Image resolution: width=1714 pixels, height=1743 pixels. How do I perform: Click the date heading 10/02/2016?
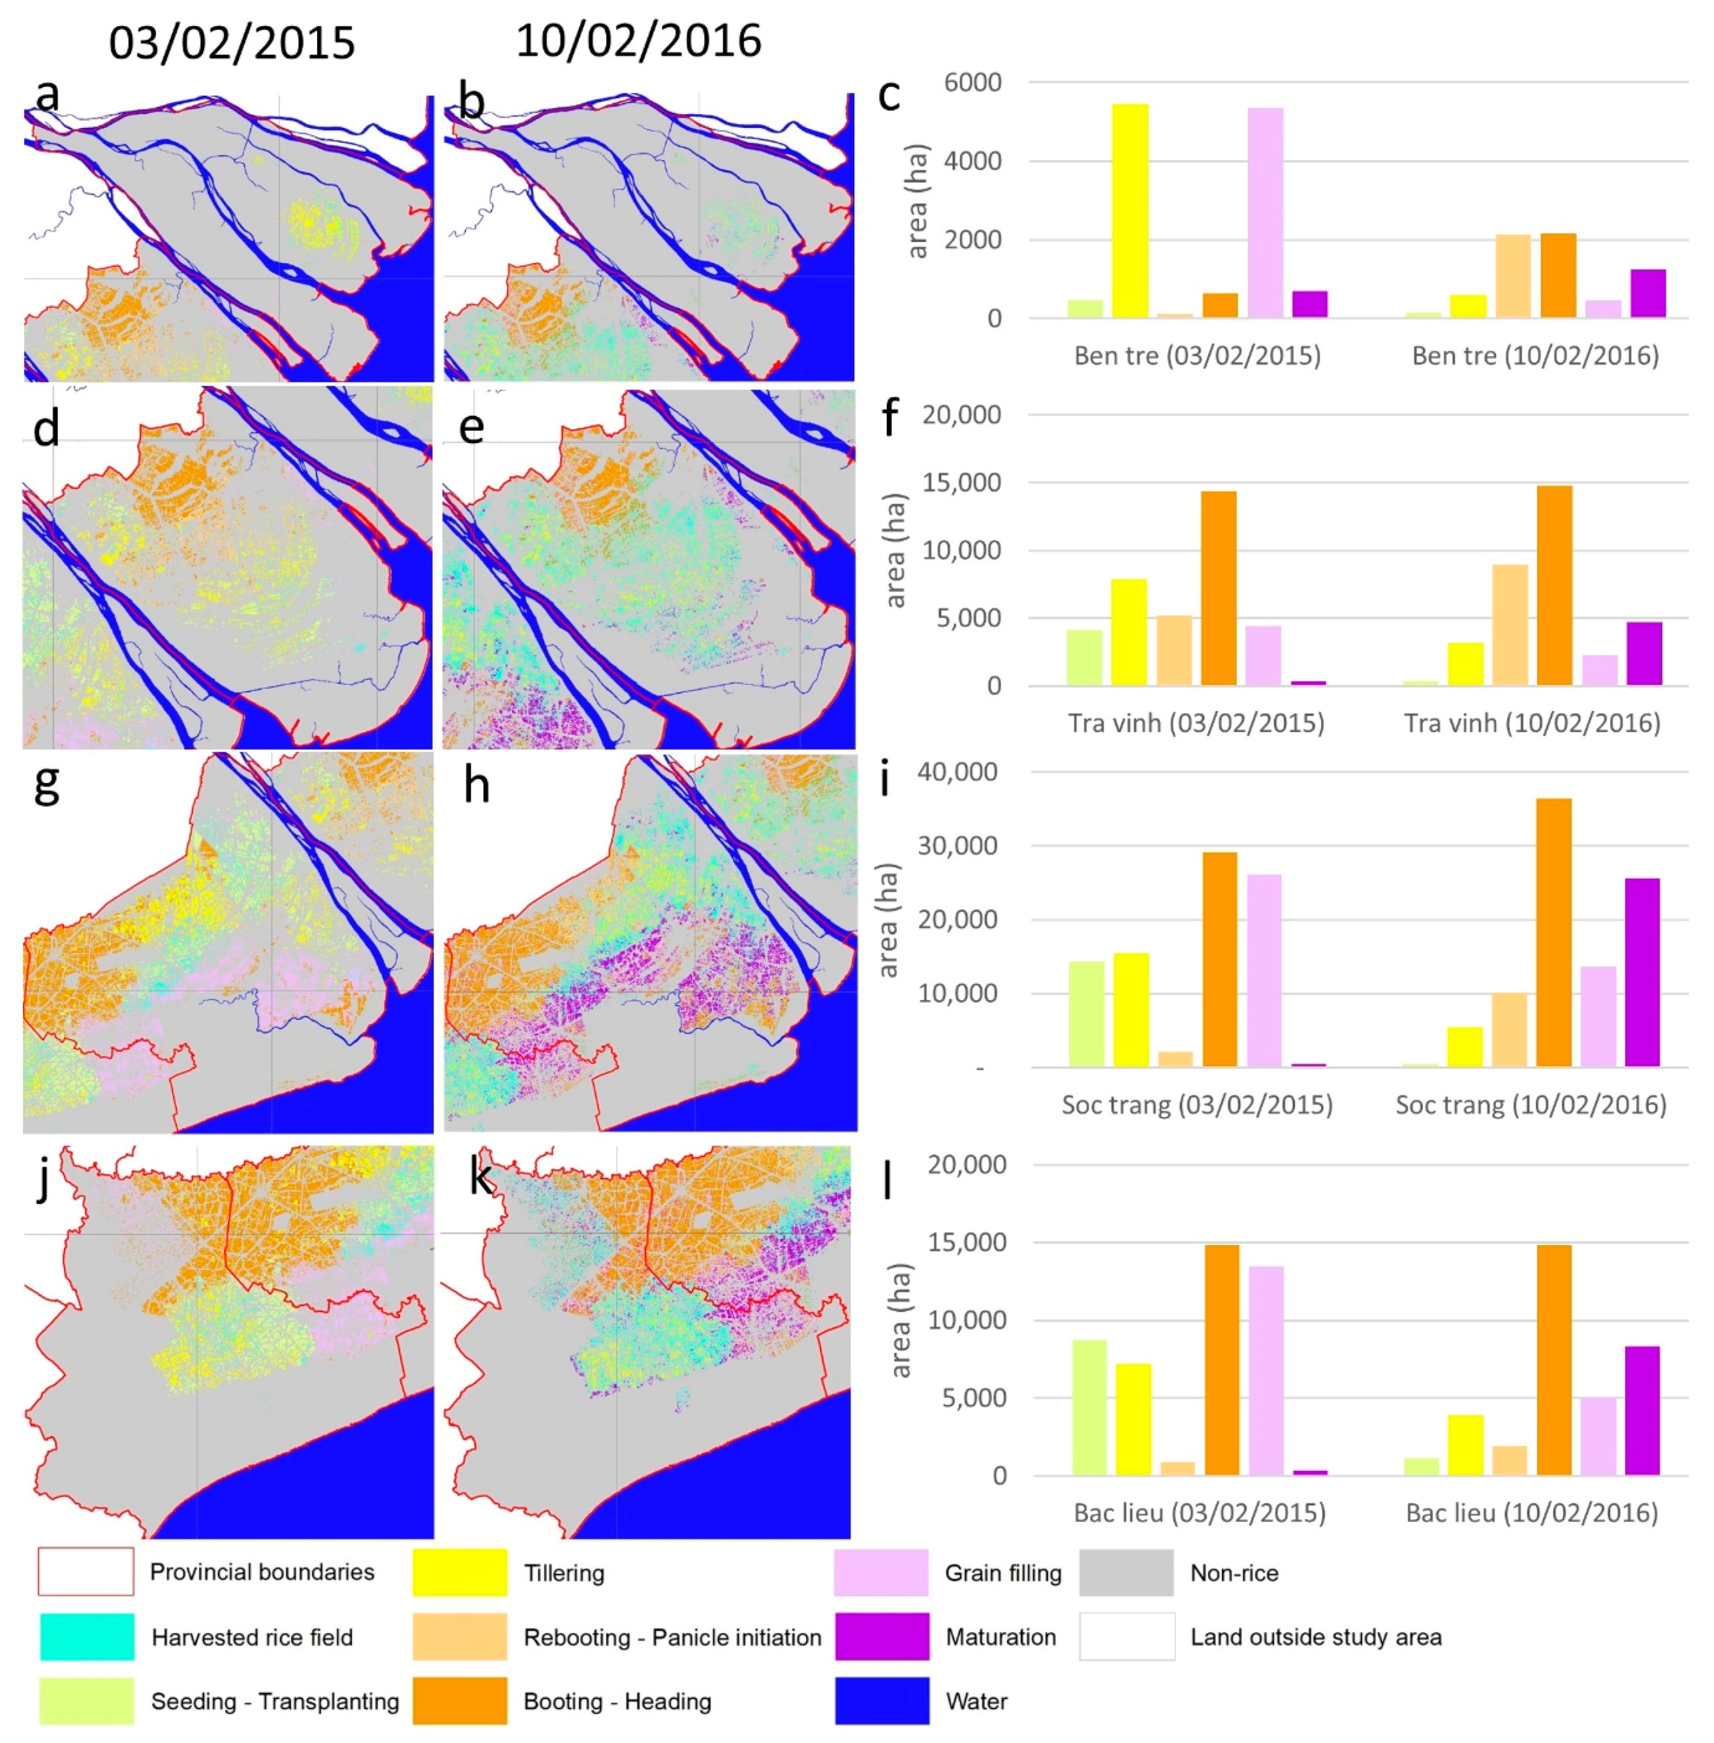[x=638, y=41]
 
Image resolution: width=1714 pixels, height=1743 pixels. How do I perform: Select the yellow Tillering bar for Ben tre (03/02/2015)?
[x=1130, y=211]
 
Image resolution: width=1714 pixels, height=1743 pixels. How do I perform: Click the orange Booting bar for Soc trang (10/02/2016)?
[x=1554, y=933]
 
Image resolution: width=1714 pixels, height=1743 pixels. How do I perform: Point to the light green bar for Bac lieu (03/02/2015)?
[x=1088, y=1408]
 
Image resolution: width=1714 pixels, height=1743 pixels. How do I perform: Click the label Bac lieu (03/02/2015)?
[x=1199, y=1513]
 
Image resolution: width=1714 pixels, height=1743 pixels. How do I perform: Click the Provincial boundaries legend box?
[x=86, y=1571]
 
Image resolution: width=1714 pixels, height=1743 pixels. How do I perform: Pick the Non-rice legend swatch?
[x=1126, y=1572]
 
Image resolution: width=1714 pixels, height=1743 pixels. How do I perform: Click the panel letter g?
[x=47, y=784]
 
